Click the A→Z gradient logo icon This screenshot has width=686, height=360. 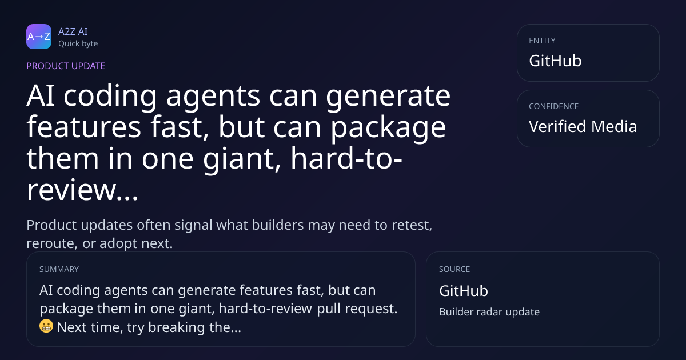39,37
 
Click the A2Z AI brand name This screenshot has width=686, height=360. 73,31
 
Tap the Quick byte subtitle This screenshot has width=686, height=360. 78,44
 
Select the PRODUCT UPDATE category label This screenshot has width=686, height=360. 66,66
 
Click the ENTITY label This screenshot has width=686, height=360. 542,41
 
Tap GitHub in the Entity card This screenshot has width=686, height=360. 555,61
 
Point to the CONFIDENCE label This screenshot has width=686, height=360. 554,106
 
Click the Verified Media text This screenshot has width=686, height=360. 583,126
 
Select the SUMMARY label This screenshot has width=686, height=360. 59,269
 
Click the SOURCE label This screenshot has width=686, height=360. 454,269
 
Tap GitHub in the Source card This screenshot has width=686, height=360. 464,291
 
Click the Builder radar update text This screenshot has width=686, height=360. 489,312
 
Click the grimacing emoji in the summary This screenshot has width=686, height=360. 46,326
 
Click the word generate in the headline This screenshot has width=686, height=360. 388,97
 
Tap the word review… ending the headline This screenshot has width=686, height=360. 82,190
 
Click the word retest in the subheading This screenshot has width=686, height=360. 412,226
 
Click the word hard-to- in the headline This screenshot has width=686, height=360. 346,159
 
